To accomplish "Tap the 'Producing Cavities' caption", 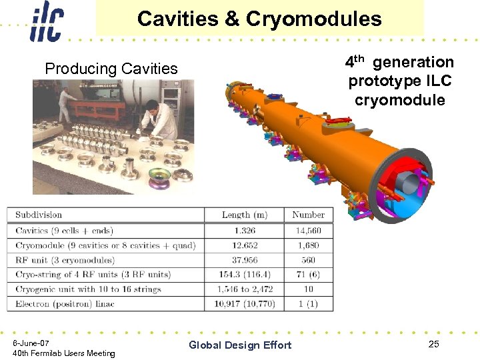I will pos(111,69).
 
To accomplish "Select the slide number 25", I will pos(434,344).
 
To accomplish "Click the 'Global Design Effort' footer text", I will pos(240,345).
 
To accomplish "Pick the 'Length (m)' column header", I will pos(244,215).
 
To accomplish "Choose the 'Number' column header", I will pos(308,215).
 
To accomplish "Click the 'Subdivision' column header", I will pos(39,215).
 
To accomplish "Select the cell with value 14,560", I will pos(308,231).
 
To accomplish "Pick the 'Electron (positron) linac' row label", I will pos(65,304).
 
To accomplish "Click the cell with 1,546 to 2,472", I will pos(244,289).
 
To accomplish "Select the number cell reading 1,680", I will pos(308,245).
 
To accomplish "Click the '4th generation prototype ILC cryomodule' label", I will pos(399,81).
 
